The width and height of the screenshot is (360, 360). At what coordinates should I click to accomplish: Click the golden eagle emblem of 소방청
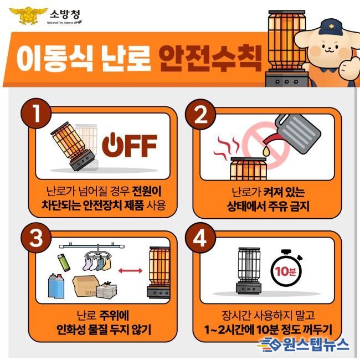pyautogui.click(x=28, y=16)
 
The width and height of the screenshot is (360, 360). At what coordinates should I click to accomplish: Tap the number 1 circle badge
pyautogui.click(x=36, y=113)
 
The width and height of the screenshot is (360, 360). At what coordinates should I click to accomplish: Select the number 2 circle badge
pyautogui.click(x=200, y=114)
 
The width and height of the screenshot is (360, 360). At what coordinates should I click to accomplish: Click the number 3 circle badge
pyautogui.click(x=36, y=238)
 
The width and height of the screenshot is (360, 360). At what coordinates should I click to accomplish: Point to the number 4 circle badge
pyautogui.click(x=200, y=238)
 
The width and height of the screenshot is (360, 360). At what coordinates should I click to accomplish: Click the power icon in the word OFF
pyautogui.click(x=112, y=145)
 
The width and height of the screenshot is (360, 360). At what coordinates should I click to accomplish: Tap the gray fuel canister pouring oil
pyautogui.click(x=296, y=133)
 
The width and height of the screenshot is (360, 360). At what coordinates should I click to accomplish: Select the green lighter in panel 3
pyautogui.click(x=64, y=263)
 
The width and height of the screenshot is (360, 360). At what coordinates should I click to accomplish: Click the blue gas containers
pyautogui.click(x=56, y=286)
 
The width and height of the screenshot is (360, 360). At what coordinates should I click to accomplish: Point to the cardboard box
pyautogui.click(x=85, y=286)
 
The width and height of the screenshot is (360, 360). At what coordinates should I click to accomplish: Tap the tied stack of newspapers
pyautogui.click(x=106, y=289)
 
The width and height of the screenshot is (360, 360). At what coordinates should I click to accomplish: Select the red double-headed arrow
pyautogui.click(x=130, y=271)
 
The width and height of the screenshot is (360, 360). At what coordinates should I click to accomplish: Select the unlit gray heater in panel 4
pyautogui.click(x=249, y=270)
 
